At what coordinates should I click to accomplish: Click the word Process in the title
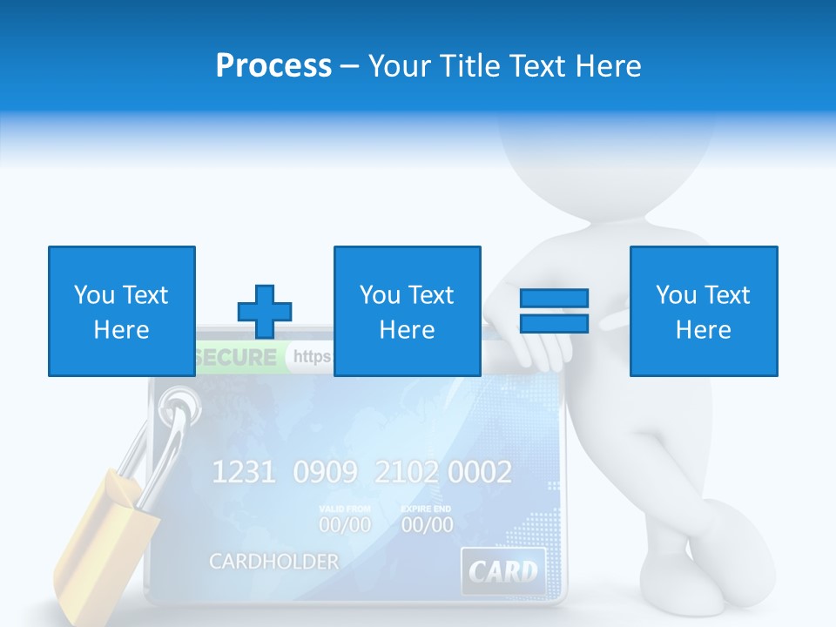(273, 65)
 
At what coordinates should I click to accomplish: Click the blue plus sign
(265, 311)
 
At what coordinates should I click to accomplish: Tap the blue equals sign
(554, 311)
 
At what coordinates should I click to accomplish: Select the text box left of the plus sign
(121, 311)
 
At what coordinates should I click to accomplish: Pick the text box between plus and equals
(407, 311)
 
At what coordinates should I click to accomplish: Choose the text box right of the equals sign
(703, 311)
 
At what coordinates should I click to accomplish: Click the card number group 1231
(245, 473)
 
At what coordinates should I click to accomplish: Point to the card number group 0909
(325, 473)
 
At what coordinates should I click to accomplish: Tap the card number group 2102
(408, 473)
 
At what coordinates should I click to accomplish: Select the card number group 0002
(480, 473)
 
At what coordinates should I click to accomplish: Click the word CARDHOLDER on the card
(273, 562)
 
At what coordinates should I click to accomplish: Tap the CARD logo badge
(502, 571)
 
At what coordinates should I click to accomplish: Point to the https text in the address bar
(313, 356)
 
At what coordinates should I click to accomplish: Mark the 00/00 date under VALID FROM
(344, 525)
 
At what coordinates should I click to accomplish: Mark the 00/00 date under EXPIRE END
(427, 525)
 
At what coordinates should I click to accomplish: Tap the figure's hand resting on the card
(535, 353)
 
